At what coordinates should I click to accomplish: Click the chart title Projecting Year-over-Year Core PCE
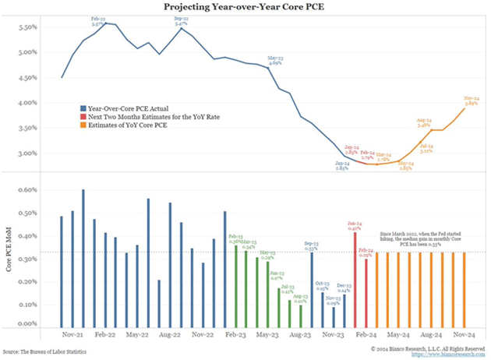(246, 7)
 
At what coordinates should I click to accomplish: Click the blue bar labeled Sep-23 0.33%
(311, 288)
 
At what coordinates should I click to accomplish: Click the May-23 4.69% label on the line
(275, 61)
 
